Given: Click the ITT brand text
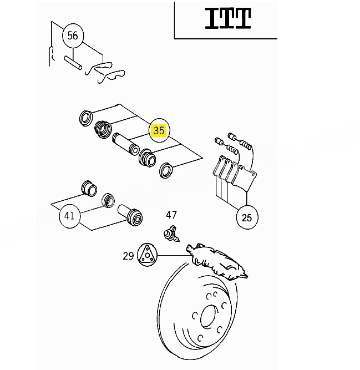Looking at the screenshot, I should pyautogui.click(x=228, y=18).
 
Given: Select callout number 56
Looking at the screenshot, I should pyautogui.click(x=73, y=37).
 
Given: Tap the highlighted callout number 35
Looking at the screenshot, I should pyautogui.click(x=159, y=131).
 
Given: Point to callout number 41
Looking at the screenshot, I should pyautogui.click(x=69, y=215).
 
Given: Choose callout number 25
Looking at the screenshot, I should pyautogui.click(x=247, y=217).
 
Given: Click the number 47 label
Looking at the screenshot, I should pyautogui.click(x=171, y=215).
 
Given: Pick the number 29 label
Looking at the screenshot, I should pyautogui.click(x=128, y=256).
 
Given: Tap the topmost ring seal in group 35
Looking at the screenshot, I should pyautogui.click(x=85, y=117).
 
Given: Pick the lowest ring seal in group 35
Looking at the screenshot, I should pyautogui.click(x=166, y=170).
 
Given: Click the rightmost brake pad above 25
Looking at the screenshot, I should pyautogui.click(x=245, y=177).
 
